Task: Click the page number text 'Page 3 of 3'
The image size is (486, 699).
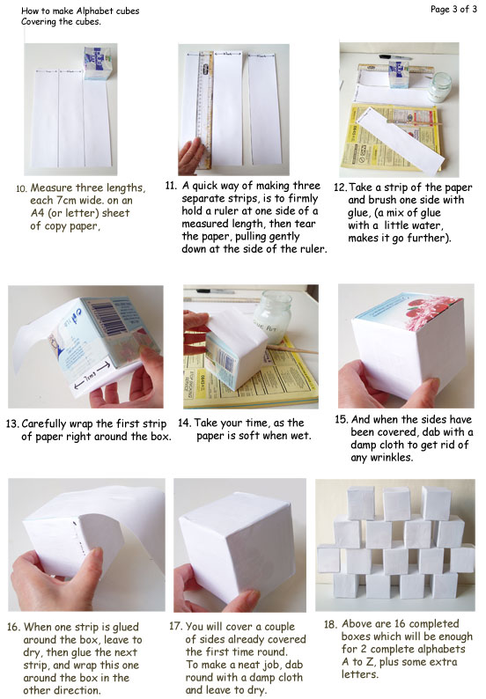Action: click(453, 9)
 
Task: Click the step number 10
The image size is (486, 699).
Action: click(21, 188)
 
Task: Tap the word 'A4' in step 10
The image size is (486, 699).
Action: click(38, 213)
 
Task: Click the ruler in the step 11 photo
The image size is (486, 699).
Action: click(205, 109)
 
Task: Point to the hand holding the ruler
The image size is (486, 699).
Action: click(192, 156)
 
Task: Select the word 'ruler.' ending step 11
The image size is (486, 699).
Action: click(313, 249)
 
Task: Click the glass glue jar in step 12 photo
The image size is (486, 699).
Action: click(439, 88)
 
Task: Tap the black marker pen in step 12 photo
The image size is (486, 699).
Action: click(395, 57)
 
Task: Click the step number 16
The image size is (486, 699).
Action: click(13, 627)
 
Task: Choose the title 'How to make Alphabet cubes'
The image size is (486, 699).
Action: click(80, 11)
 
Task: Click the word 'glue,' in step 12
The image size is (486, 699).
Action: click(361, 213)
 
